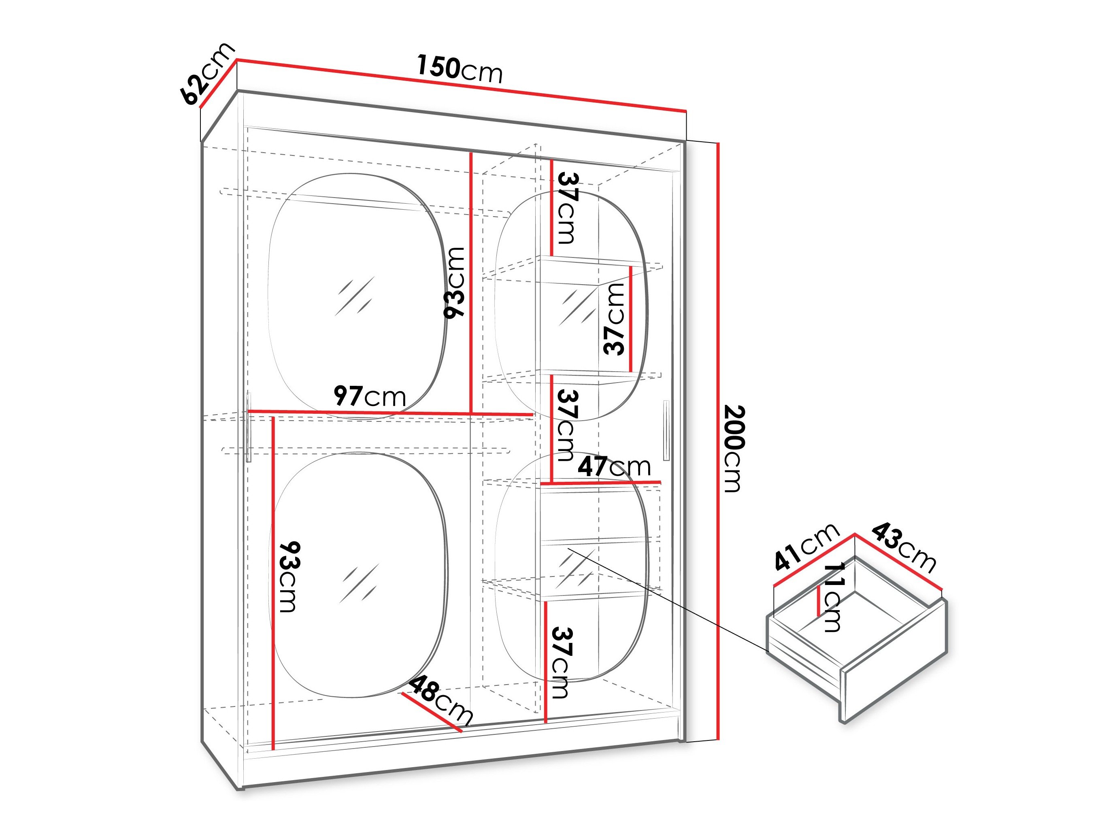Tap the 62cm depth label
(207, 74)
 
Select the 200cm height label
(734, 449)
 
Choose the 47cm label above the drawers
(614, 467)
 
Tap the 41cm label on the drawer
(805, 548)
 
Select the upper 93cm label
(454, 283)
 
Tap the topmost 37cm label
(567, 208)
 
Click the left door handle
(249, 428)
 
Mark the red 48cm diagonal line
(432, 712)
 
